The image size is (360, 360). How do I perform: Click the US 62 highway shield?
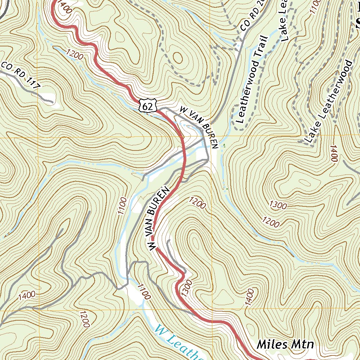click(147, 105)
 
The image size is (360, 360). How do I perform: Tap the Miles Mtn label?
click(285, 344)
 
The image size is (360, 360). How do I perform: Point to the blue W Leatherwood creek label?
click(178, 343)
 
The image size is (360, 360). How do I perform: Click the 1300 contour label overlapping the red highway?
click(187, 288)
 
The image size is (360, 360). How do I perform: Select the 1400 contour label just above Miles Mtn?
click(247, 297)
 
